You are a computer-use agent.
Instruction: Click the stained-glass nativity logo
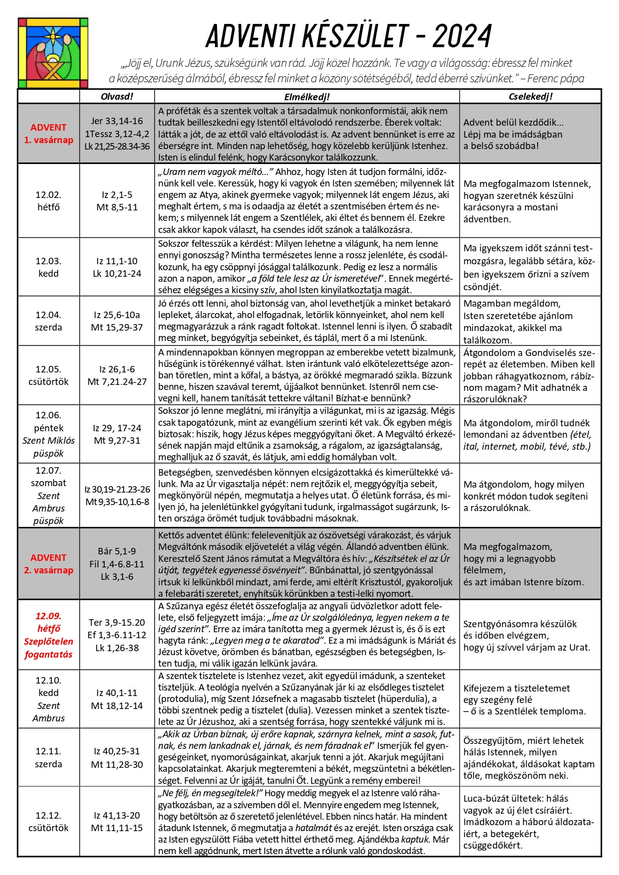pyautogui.click(x=53, y=53)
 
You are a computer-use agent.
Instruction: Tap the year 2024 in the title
pyautogui.click(x=462, y=36)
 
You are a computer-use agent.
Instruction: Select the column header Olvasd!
pyautogui.click(x=117, y=97)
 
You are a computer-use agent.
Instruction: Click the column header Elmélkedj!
pyautogui.click(x=307, y=97)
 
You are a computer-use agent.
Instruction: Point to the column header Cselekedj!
pyautogui.click(x=530, y=97)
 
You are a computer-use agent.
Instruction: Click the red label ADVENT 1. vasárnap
pyautogui.click(x=48, y=134)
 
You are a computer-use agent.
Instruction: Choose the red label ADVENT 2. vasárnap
pyautogui.click(x=48, y=564)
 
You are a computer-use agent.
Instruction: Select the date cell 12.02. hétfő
pyautogui.click(x=48, y=201)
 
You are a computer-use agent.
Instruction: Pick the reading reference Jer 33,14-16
pyautogui.click(x=117, y=121)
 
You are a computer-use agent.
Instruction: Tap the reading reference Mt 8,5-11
pyautogui.click(x=117, y=207)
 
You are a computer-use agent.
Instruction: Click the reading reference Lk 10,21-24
pyautogui.click(x=117, y=273)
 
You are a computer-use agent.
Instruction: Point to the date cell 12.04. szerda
pyautogui.click(x=48, y=321)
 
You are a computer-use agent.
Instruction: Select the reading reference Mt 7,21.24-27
pyautogui.click(x=117, y=382)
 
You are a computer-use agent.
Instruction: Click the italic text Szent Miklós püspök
pyautogui.click(x=48, y=447)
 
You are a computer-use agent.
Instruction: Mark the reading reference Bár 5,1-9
pyautogui.click(x=117, y=551)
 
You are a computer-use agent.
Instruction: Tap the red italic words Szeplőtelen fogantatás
pyautogui.click(x=48, y=648)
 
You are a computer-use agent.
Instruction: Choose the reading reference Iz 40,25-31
pyautogui.click(x=117, y=751)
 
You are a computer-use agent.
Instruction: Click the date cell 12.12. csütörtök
pyautogui.click(x=48, y=822)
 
